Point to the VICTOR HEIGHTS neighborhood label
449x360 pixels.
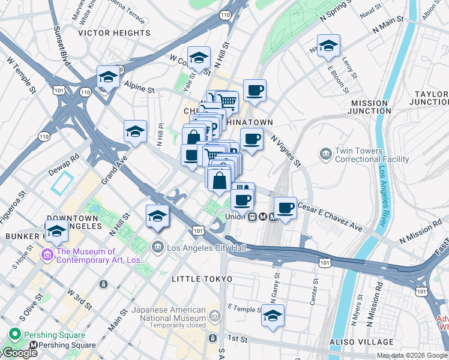pos(114,33)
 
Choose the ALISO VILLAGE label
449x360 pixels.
pos(361,342)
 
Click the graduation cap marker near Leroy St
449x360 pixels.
pos(328,46)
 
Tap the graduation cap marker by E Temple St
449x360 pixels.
pos(273,316)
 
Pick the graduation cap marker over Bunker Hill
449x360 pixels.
pos(56,231)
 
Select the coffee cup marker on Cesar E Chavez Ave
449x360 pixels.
pos(286,208)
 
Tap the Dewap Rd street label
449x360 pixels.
pos(65,164)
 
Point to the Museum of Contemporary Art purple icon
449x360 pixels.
pos(46,255)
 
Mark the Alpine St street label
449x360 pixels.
pos(139,88)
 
